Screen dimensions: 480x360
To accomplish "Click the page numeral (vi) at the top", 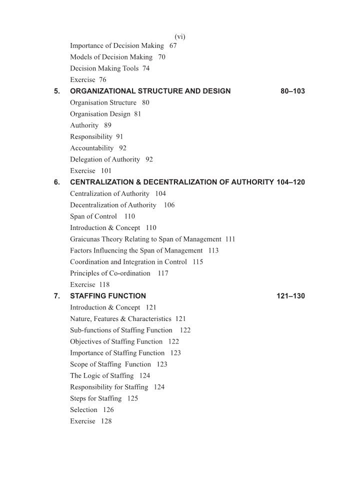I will coord(180,36).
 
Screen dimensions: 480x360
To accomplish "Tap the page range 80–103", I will coord(293,91).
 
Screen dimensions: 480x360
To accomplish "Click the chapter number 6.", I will coord(57,182).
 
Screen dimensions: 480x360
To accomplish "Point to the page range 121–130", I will coord(290,296).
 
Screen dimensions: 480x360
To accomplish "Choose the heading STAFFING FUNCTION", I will coord(108,296).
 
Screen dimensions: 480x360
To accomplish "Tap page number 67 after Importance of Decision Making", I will coord(173,45).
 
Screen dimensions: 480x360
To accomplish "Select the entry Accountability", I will coord(92,148).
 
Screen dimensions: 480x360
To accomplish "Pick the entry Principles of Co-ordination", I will coord(110,273).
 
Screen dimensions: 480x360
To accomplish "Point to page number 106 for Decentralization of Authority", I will coord(169,205).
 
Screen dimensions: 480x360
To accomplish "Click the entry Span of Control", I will coord(93,216).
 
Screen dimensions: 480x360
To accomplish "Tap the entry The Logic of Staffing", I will coord(102,376).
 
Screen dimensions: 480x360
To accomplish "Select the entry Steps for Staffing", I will coord(96,399).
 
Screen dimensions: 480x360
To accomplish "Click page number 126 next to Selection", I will coord(108,410).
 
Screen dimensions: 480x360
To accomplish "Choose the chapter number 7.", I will coord(57,296).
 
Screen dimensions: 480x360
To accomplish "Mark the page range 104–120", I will coord(290,182).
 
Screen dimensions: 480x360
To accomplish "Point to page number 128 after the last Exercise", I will coord(106,421).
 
